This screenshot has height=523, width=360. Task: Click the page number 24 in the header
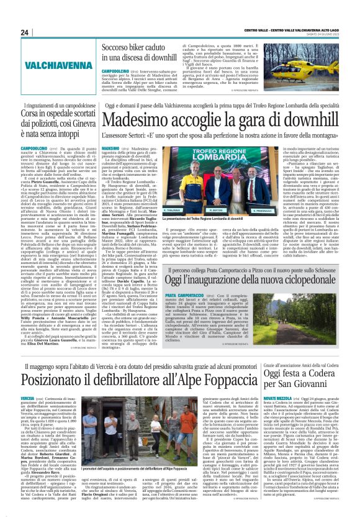click(x=25, y=32)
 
